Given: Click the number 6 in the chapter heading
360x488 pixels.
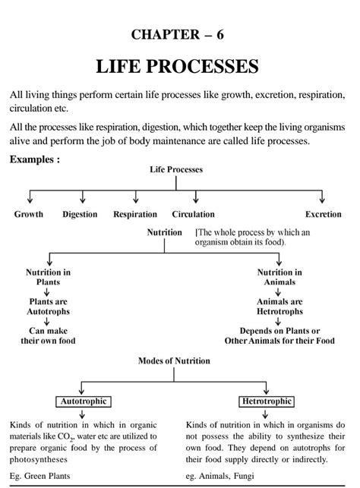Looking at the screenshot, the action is (x=219, y=35).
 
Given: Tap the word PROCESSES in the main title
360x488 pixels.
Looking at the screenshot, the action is (x=202, y=66).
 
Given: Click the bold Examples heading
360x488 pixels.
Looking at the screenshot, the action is (x=35, y=159).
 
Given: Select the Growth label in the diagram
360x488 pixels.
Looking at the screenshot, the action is (x=29, y=214).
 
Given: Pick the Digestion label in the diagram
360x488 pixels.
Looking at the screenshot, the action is (x=80, y=214).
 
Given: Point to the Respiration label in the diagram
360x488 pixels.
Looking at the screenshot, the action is (x=135, y=214).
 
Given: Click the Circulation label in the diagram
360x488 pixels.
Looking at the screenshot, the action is (x=194, y=214).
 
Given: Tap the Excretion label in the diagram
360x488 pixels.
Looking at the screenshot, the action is (x=324, y=214).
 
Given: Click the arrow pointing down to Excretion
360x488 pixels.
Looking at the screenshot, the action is (x=322, y=197).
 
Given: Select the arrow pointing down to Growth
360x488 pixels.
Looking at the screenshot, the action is (x=30, y=197).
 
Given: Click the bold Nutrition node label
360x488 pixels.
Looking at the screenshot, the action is (x=164, y=232).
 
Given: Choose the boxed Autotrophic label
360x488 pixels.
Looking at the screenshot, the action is (x=84, y=401).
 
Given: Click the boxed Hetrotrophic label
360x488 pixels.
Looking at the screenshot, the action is (x=267, y=401).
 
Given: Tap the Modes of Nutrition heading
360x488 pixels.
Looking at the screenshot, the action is (x=174, y=360).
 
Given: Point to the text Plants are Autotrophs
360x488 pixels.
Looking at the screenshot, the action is (x=48, y=307).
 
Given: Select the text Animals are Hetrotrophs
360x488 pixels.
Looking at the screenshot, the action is (x=279, y=307).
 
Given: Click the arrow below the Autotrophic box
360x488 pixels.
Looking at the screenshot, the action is (x=82, y=414).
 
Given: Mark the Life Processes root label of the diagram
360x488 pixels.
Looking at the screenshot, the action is (x=176, y=169).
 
